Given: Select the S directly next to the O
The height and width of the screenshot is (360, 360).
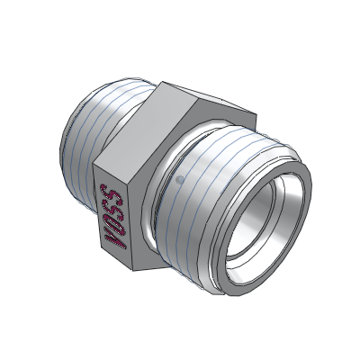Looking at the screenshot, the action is coord(112,207).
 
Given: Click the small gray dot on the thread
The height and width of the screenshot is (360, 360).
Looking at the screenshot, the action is coord(180,179).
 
